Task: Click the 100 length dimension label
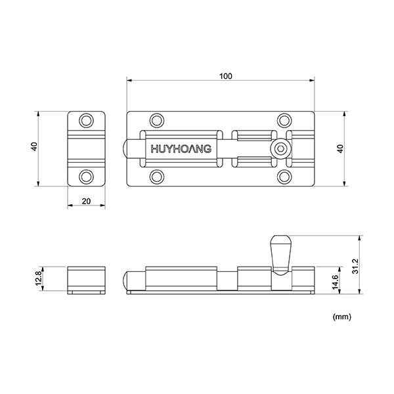[x=225, y=76]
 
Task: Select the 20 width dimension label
[x=86, y=202]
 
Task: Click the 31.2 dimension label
[x=356, y=265]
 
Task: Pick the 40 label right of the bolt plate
[x=339, y=148]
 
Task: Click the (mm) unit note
[x=342, y=317]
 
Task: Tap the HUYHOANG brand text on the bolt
[x=181, y=149]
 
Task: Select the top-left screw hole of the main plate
[x=156, y=120]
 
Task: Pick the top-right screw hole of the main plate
[x=284, y=120]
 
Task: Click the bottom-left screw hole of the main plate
[x=156, y=177]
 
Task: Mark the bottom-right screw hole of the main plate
[x=284, y=177]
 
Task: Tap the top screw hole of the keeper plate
[x=87, y=121]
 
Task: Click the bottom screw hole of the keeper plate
[x=87, y=177]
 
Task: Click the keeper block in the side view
[x=87, y=279]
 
